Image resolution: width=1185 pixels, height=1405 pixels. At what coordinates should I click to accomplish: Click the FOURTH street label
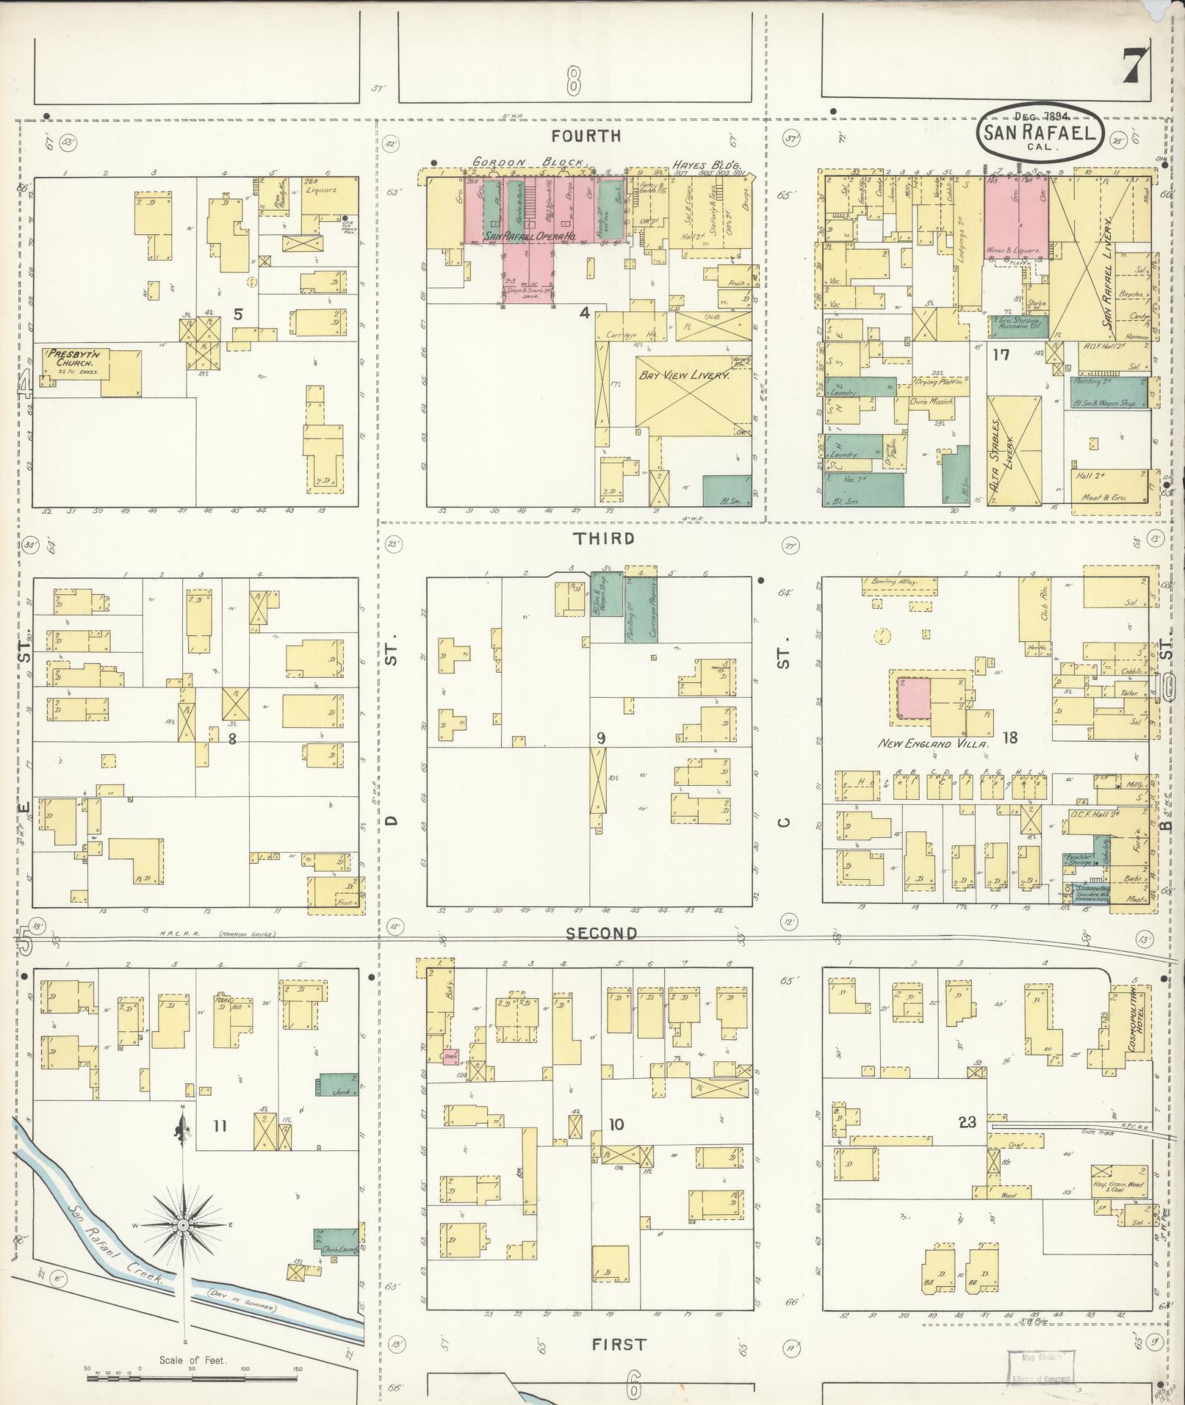coord(586,136)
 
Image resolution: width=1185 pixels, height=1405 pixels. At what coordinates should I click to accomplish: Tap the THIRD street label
coord(604,538)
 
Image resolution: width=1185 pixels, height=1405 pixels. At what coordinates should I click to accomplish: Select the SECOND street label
coord(601,933)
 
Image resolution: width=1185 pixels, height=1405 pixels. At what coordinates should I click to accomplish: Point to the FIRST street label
coord(620,1344)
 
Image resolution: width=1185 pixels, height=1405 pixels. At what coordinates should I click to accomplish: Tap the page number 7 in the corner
coord(1135,67)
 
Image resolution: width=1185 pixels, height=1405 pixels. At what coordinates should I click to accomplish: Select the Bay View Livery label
coord(684,375)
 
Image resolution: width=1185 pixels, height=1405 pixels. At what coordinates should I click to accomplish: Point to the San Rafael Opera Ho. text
coord(529,236)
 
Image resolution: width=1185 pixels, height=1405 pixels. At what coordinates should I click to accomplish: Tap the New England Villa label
coord(934,743)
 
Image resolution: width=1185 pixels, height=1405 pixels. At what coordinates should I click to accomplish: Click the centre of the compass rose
coord(183,1225)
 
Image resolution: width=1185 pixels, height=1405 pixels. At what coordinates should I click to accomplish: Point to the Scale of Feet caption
coord(193,1360)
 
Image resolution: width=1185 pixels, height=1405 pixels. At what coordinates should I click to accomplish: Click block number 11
coord(219,1124)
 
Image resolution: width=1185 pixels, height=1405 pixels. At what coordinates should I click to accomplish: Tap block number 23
coord(967,1122)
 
